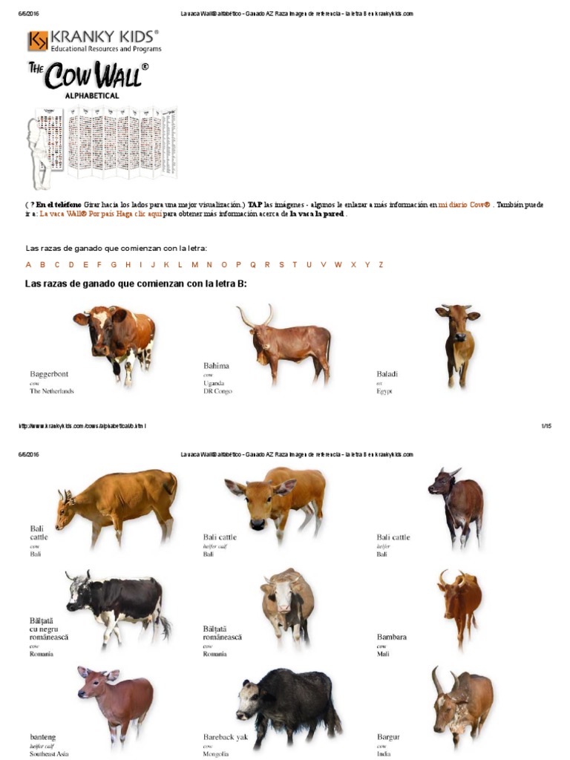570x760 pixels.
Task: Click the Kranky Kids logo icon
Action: pos(38,41)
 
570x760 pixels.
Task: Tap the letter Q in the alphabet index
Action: pos(252,265)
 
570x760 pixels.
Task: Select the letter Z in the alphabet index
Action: pos(381,265)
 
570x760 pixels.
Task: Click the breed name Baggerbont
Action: pos(49,374)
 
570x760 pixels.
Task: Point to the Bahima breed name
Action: pos(216,366)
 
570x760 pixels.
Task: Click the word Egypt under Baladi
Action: pos(384,390)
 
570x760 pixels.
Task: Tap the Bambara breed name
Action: pos(391,637)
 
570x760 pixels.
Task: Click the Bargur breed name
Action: pos(388,737)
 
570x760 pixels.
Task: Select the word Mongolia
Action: pos(216,754)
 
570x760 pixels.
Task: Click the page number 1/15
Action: pos(546,426)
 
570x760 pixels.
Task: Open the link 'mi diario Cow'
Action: pos(464,204)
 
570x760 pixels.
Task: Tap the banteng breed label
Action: pos(43,737)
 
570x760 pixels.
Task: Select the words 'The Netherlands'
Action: pos(52,391)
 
